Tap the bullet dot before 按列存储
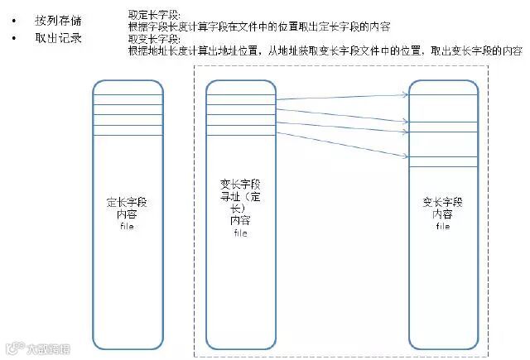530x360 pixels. click(x=13, y=20)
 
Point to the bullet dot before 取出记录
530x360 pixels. click(x=13, y=39)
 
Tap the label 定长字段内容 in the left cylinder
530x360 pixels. click(x=127, y=207)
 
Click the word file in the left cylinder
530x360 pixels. click(x=127, y=225)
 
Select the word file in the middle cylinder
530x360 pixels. click(x=240, y=233)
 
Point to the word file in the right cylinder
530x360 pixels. click(x=443, y=226)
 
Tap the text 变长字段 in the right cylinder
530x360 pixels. click(x=443, y=201)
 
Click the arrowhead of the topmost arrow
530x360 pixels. click(x=406, y=93)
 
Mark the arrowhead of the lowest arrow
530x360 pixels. click(x=406, y=146)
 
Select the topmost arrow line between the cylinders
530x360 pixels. click(x=340, y=96)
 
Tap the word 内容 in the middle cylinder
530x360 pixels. click(x=240, y=221)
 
